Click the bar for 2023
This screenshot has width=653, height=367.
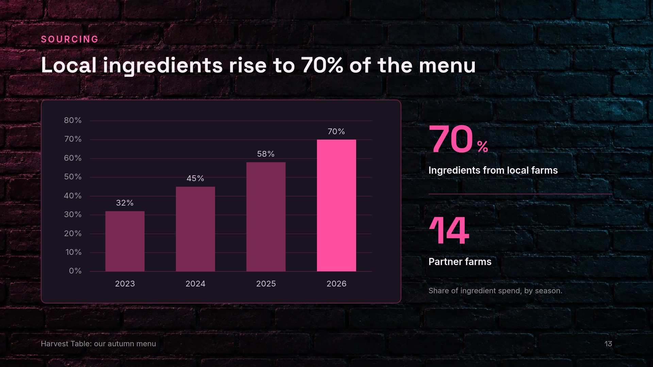[x=125, y=241]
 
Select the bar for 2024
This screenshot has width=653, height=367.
[x=195, y=229]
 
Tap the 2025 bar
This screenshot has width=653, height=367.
[x=266, y=217]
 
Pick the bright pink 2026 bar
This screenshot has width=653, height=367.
[x=336, y=206]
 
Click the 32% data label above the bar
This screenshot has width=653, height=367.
[x=125, y=203]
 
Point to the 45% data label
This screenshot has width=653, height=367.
[x=195, y=178]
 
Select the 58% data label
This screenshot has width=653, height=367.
[x=266, y=154]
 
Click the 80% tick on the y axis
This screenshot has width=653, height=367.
[x=73, y=120]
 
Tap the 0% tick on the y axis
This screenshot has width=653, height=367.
[x=75, y=271]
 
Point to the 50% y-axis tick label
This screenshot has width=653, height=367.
[x=73, y=177]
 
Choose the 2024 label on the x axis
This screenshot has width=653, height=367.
[x=195, y=284]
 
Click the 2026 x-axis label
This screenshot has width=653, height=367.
[x=336, y=284]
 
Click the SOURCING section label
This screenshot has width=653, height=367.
[x=70, y=39]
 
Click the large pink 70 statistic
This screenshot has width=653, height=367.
[x=451, y=139]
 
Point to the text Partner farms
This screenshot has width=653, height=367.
[x=460, y=262]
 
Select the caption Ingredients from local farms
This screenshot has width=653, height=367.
[x=493, y=170]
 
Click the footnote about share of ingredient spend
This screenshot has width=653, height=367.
[x=495, y=291]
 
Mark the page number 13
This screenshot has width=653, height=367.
[x=608, y=344]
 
